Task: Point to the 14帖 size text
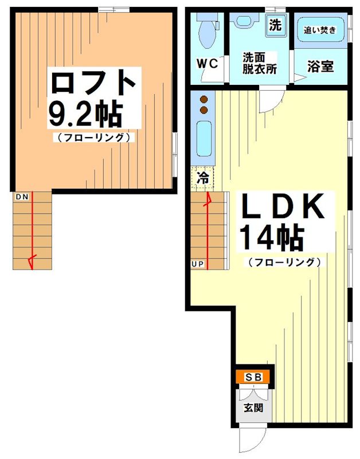(271, 238)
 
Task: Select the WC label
(208, 64)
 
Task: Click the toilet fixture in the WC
(206, 32)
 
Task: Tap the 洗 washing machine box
(276, 25)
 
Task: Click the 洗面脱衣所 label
(259, 63)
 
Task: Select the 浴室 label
(320, 66)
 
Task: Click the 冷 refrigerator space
(202, 177)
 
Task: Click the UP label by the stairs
(197, 264)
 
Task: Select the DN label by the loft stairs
(22, 197)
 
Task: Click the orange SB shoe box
(253, 377)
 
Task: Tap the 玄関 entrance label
(253, 409)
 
